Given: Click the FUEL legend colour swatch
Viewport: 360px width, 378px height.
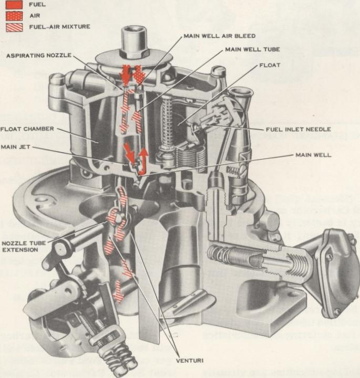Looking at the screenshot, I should (14, 4).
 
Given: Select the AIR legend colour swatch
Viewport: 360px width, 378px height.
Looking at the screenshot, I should (14, 15).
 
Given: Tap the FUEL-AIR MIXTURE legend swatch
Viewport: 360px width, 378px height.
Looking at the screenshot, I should (14, 26).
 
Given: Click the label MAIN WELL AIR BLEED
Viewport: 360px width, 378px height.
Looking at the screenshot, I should (219, 36).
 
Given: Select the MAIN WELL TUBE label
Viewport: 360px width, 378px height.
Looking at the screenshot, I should (252, 50).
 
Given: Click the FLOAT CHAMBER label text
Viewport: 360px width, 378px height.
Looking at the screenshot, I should (27, 129).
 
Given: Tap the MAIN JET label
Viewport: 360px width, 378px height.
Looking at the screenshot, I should (16, 147).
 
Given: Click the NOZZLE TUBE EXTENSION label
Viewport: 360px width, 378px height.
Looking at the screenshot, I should (19, 247).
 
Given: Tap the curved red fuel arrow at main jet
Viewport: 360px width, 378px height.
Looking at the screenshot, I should (142, 160).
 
